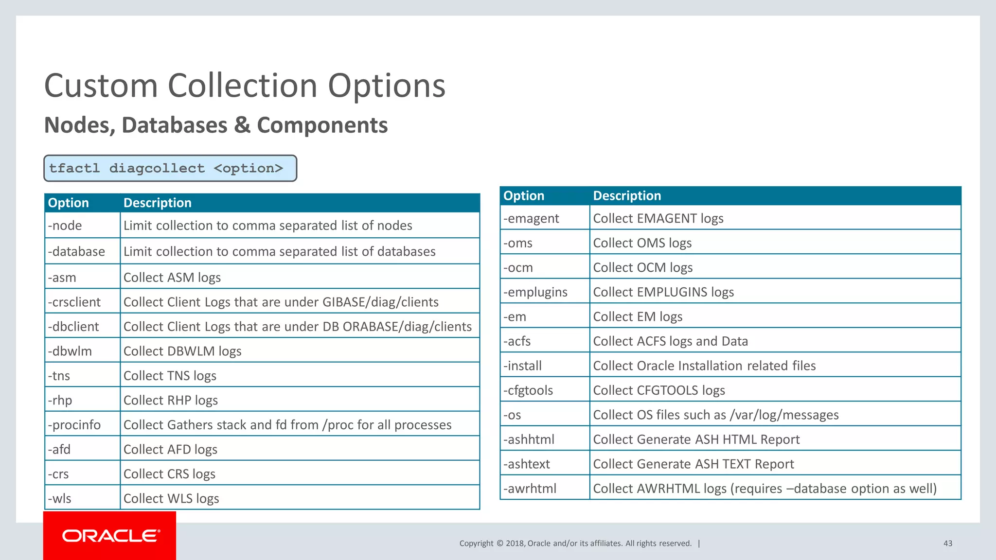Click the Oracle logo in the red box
click(110, 536)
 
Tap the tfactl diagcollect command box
click(170, 168)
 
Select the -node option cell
click(82, 226)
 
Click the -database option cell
click(82, 251)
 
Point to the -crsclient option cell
click(82, 302)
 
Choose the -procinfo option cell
click(82, 425)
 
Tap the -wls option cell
click(82, 498)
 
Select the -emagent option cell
click(544, 218)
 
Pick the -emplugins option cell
click(544, 292)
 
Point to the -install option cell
click(544, 366)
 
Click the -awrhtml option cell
click(544, 489)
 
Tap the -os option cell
click(544, 415)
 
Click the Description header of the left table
click(158, 203)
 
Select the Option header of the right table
click(524, 195)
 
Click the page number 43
click(947, 543)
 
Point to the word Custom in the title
click(101, 86)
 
